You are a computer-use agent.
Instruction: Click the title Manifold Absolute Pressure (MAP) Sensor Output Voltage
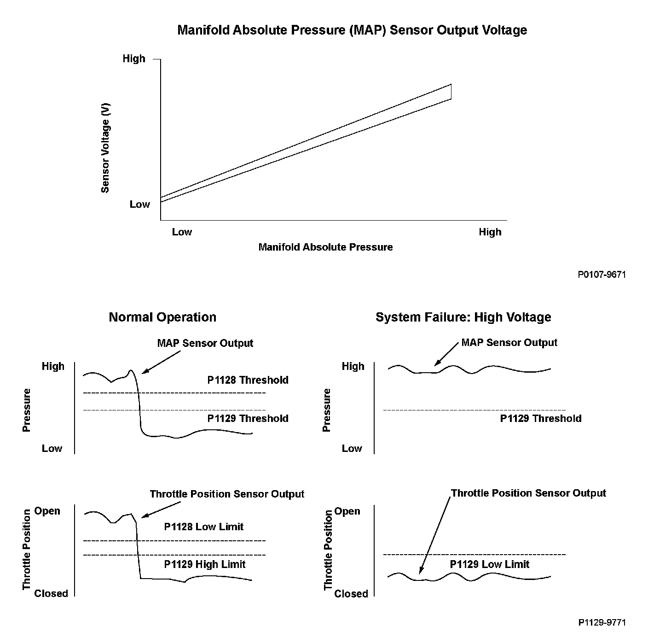[x=352, y=30]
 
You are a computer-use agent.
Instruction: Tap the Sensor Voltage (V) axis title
[x=105, y=147]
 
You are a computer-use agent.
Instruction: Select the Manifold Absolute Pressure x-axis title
[x=325, y=247]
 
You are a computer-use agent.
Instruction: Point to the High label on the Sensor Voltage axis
[x=134, y=59]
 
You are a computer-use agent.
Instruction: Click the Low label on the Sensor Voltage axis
[x=139, y=205]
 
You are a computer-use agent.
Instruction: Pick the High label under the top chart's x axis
[x=490, y=232]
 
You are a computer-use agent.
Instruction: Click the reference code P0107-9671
[x=602, y=275]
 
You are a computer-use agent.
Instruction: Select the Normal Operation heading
[x=162, y=317]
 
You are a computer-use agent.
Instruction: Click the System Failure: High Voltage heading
[x=463, y=317]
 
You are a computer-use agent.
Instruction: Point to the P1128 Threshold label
[x=248, y=381]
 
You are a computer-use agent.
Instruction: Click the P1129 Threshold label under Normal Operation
[x=248, y=419]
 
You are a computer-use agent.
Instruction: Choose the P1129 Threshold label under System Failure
[x=541, y=419]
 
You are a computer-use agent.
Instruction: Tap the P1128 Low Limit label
[x=204, y=527]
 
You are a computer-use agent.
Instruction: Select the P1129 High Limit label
[x=205, y=565]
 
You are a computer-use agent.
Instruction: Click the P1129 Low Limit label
[x=490, y=565]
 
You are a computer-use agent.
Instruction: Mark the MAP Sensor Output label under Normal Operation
[x=205, y=344]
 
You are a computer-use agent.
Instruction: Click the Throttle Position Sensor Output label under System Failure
[x=528, y=493]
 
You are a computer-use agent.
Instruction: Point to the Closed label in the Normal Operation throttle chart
[x=51, y=594]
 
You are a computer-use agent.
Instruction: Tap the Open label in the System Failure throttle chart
[x=347, y=511]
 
